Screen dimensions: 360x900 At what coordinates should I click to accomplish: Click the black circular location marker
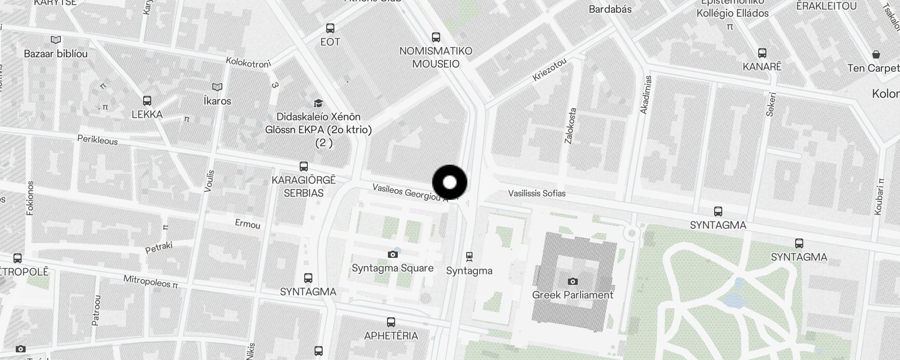pyautogui.click(x=450, y=182)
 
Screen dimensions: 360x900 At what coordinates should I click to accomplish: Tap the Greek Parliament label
pyautogui.click(x=572, y=295)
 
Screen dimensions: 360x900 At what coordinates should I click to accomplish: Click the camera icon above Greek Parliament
pyautogui.click(x=572, y=281)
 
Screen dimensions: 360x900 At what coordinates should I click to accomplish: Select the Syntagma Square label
pyautogui.click(x=392, y=268)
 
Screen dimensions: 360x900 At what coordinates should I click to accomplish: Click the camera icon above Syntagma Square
pyautogui.click(x=392, y=254)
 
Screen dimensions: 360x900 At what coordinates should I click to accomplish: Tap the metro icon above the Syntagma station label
pyautogui.click(x=469, y=256)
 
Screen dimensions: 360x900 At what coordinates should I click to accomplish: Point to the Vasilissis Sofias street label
pyautogui.click(x=536, y=193)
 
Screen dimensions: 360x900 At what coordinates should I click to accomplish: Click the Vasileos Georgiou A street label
pyautogui.click(x=410, y=193)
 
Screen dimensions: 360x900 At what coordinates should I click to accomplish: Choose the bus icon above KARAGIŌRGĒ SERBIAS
pyautogui.click(x=304, y=166)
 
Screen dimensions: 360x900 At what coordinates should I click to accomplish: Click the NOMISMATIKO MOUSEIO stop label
pyautogui.click(x=436, y=57)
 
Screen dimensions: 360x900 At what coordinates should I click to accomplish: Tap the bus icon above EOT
pyautogui.click(x=330, y=28)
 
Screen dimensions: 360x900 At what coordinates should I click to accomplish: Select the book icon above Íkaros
pyautogui.click(x=217, y=87)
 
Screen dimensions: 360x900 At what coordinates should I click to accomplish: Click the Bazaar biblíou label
pyautogui.click(x=56, y=54)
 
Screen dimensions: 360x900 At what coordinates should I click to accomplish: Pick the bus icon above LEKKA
pyautogui.click(x=147, y=101)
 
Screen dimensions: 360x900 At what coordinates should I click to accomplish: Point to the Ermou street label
pyautogui.click(x=247, y=224)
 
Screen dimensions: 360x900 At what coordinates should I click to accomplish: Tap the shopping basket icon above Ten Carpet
pyautogui.click(x=876, y=54)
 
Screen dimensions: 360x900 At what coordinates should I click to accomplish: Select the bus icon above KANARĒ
pyautogui.click(x=762, y=53)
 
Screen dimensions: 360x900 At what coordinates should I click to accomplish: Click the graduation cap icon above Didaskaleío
pyautogui.click(x=318, y=103)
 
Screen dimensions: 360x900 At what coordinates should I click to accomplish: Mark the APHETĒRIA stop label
pyautogui.click(x=391, y=336)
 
